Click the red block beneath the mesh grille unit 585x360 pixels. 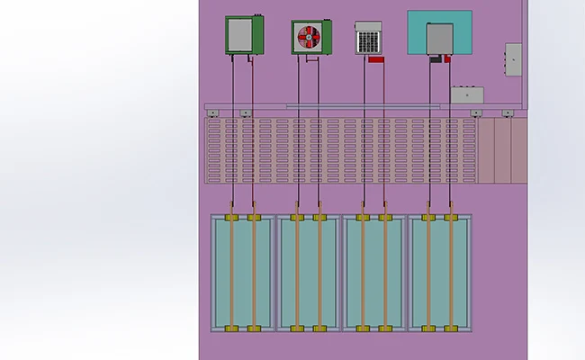click(377, 59)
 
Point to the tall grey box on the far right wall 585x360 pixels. click(513, 57)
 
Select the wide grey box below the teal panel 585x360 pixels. click(469, 93)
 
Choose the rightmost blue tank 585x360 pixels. click(439, 273)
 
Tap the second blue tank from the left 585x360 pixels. click(309, 273)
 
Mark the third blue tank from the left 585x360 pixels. click(374, 273)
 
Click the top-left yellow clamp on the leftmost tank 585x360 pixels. click(232, 217)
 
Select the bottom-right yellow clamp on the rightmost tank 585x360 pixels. click(450, 328)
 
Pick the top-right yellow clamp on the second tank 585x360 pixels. click(319, 217)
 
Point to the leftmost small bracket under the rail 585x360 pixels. click(214, 113)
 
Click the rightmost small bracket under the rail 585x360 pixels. click(508, 113)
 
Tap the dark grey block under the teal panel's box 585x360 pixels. click(436, 59)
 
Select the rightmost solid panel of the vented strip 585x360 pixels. click(519, 151)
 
